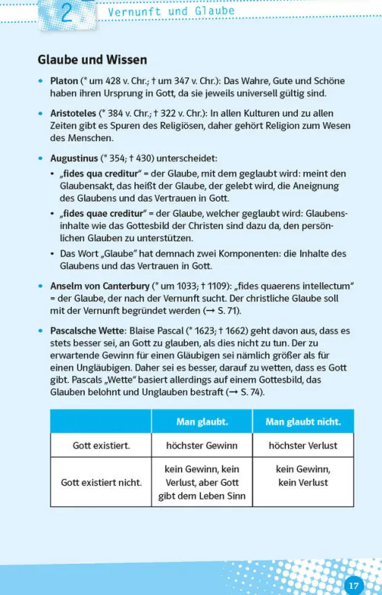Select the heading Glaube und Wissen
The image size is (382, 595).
tap(92, 59)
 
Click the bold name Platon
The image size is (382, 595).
tap(64, 81)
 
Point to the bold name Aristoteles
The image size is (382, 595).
tap(75, 113)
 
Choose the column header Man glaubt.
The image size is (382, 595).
tap(202, 422)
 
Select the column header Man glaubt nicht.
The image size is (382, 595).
tap(303, 422)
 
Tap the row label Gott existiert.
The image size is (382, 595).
tap(101, 445)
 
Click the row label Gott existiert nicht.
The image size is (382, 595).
tap(101, 483)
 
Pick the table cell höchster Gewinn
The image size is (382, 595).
tap(202, 445)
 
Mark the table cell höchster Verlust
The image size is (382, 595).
tap(303, 445)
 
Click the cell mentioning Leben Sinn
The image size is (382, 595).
tap(202, 483)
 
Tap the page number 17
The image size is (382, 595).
tap(353, 585)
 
